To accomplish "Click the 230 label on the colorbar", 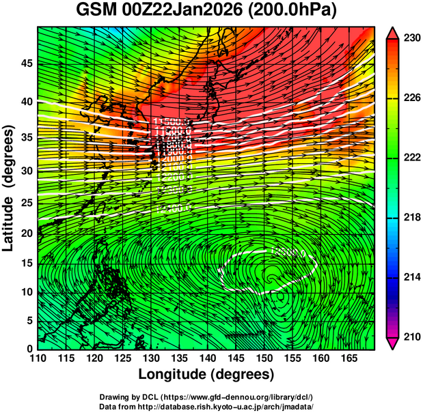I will pyautogui.click(x=411, y=38).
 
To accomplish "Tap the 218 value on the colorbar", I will pyautogui.click(x=411, y=217).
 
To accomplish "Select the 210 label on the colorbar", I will pyautogui.click(x=411, y=337).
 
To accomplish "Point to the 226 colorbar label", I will pyautogui.click(x=411, y=98).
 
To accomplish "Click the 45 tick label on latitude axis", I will pyautogui.click(x=25, y=63).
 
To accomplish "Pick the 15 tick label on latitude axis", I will pyautogui.click(x=25, y=264).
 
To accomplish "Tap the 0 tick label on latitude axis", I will pyautogui.click(x=29, y=348).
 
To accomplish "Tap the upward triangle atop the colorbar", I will pyautogui.click(x=394, y=31).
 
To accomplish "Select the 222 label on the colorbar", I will pyautogui.click(x=411, y=158).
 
